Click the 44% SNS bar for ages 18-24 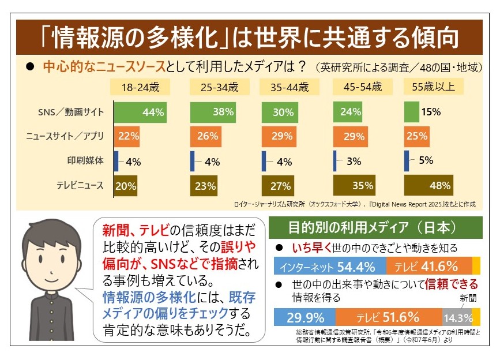coord(140,112)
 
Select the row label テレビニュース coord(80,186)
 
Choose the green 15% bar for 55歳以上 coord(412,112)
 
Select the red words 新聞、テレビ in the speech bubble coord(135,231)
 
